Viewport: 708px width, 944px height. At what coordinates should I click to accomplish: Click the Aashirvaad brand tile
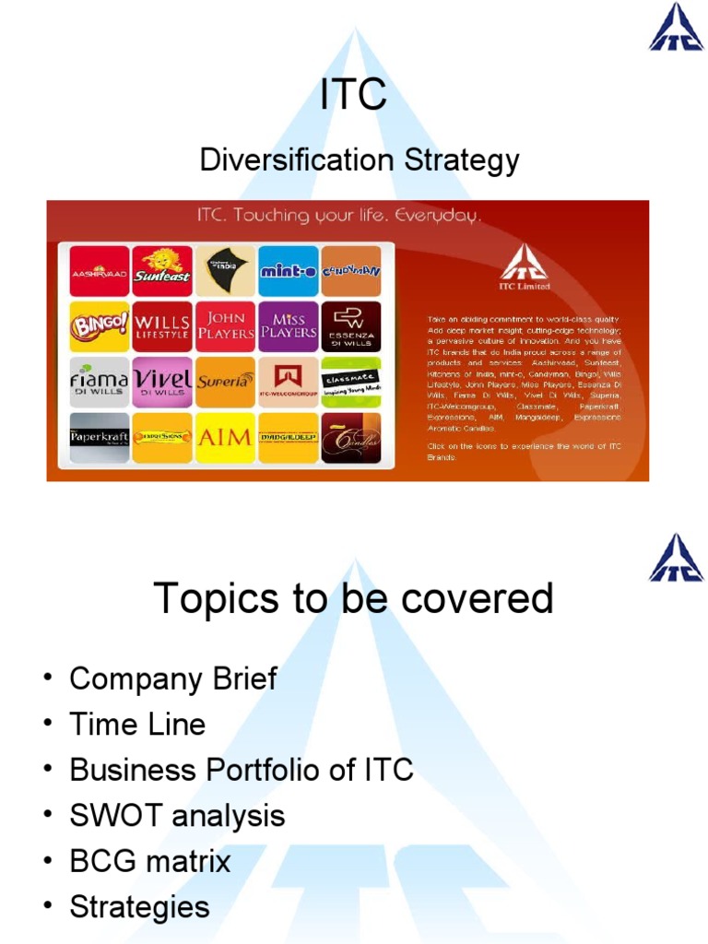click(100, 271)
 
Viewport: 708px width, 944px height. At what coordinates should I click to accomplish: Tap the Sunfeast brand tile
click(162, 271)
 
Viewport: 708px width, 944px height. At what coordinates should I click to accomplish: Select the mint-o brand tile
click(288, 271)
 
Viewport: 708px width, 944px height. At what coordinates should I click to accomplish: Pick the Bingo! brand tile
click(100, 326)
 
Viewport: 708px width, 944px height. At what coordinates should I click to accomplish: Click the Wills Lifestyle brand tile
click(162, 326)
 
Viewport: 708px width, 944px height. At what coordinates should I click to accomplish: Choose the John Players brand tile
click(225, 326)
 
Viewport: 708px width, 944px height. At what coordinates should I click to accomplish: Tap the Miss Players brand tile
click(288, 326)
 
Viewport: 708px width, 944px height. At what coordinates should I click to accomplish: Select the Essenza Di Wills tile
click(350, 326)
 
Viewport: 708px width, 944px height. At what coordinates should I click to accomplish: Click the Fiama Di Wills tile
click(100, 382)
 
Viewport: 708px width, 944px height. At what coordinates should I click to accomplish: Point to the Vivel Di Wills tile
click(162, 382)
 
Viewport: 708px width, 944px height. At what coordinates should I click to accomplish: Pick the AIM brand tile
click(225, 437)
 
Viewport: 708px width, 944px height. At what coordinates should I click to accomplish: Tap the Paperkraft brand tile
click(100, 437)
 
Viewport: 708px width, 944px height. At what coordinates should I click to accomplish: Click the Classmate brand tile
click(350, 382)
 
